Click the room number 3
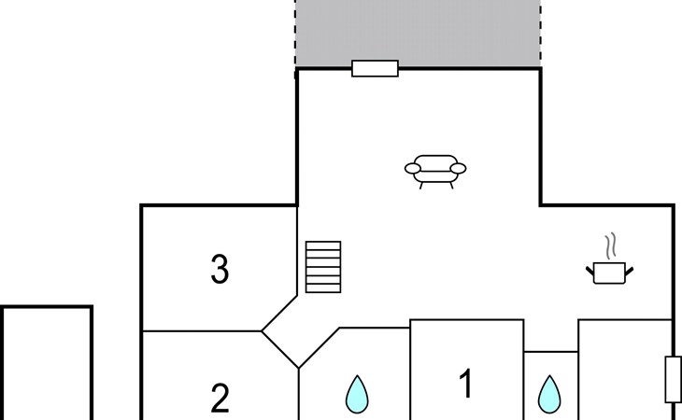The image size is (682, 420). (220, 270)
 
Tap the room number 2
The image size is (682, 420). (220, 399)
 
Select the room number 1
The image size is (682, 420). (465, 384)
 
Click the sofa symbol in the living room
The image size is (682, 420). (435, 171)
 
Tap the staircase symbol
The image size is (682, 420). (323, 267)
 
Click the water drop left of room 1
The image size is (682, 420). (356, 394)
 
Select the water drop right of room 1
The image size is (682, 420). (550, 394)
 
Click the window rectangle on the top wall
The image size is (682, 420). (375, 68)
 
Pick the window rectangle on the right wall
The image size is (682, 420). (673, 379)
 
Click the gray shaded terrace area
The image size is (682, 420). (418, 33)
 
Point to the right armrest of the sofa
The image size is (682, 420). (459, 169)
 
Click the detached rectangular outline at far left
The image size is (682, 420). (47, 364)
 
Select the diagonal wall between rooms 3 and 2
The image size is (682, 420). (279, 349)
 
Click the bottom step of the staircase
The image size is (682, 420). (323, 287)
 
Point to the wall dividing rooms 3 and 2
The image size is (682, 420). (201, 330)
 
